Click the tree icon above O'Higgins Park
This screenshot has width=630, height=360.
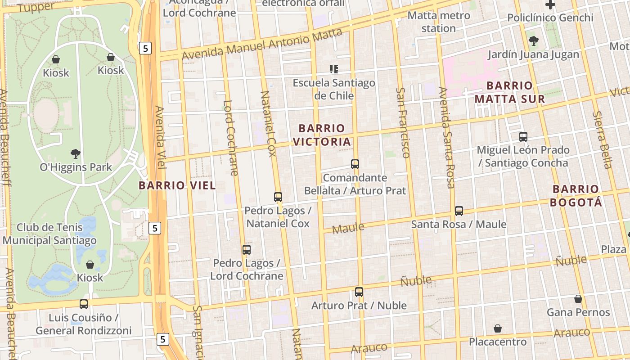(76, 154)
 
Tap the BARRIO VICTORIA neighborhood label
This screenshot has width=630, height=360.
(321, 135)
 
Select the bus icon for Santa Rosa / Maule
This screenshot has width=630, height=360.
(459, 211)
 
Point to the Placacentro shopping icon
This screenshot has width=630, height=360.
(498, 328)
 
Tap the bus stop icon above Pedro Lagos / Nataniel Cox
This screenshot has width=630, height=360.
(278, 197)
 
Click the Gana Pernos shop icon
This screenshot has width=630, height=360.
(578, 299)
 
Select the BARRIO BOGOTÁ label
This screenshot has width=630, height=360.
(576, 196)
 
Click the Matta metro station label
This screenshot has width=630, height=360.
(439, 22)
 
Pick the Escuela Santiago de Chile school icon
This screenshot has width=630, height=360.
(334, 69)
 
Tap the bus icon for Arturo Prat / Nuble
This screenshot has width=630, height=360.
(359, 292)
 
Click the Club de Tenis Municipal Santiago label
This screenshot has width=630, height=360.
(49, 234)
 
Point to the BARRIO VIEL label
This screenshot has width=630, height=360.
(177, 185)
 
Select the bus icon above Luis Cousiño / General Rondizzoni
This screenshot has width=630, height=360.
(84, 304)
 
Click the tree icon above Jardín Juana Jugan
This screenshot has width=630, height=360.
(534, 41)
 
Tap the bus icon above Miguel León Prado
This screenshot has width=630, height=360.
(523, 136)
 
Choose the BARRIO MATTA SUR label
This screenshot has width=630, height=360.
(509, 92)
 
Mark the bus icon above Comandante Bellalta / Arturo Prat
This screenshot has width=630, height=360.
(355, 164)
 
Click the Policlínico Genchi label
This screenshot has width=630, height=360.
(550, 18)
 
